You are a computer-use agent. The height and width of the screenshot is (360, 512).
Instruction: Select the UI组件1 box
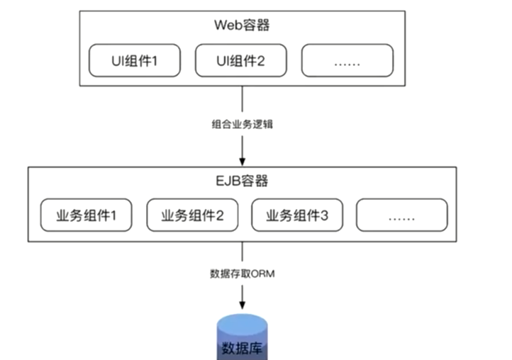point(135,61)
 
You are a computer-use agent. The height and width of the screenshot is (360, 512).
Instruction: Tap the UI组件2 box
point(240,61)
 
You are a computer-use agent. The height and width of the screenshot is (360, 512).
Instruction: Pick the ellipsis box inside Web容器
point(347,61)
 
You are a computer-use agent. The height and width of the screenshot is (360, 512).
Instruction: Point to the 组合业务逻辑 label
point(243,123)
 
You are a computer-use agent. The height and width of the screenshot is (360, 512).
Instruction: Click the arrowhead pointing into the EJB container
point(243,159)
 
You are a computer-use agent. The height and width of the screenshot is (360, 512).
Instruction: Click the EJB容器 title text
point(243,181)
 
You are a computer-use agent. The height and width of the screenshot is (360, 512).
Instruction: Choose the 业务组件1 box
point(85,215)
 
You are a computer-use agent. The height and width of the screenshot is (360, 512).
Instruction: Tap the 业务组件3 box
point(297,215)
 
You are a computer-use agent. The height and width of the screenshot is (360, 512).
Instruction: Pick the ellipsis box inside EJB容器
point(401,215)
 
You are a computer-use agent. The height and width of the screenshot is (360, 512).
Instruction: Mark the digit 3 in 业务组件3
point(325,215)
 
